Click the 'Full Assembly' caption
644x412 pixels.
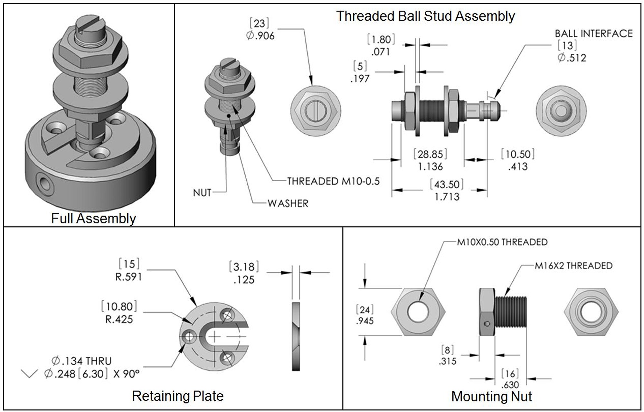point(93,219)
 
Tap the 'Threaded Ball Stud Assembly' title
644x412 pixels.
point(425,16)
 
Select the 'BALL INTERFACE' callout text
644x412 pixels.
point(593,33)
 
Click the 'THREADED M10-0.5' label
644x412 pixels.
point(333,181)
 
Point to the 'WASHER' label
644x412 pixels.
point(288,203)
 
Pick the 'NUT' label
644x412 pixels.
point(202,193)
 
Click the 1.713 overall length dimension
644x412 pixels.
point(447,197)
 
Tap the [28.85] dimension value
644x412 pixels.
point(430,154)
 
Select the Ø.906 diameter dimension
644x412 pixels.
point(260,36)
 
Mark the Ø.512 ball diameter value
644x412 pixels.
point(572,58)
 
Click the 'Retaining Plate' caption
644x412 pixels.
point(178,396)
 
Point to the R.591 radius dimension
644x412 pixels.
point(128,277)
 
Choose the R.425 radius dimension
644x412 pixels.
point(119,319)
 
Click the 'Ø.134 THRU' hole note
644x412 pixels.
point(81,361)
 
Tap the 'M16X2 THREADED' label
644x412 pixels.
point(573,266)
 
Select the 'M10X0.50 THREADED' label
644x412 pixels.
point(502,242)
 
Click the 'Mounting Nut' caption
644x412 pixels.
point(491,397)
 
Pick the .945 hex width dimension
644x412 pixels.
point(365,321)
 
